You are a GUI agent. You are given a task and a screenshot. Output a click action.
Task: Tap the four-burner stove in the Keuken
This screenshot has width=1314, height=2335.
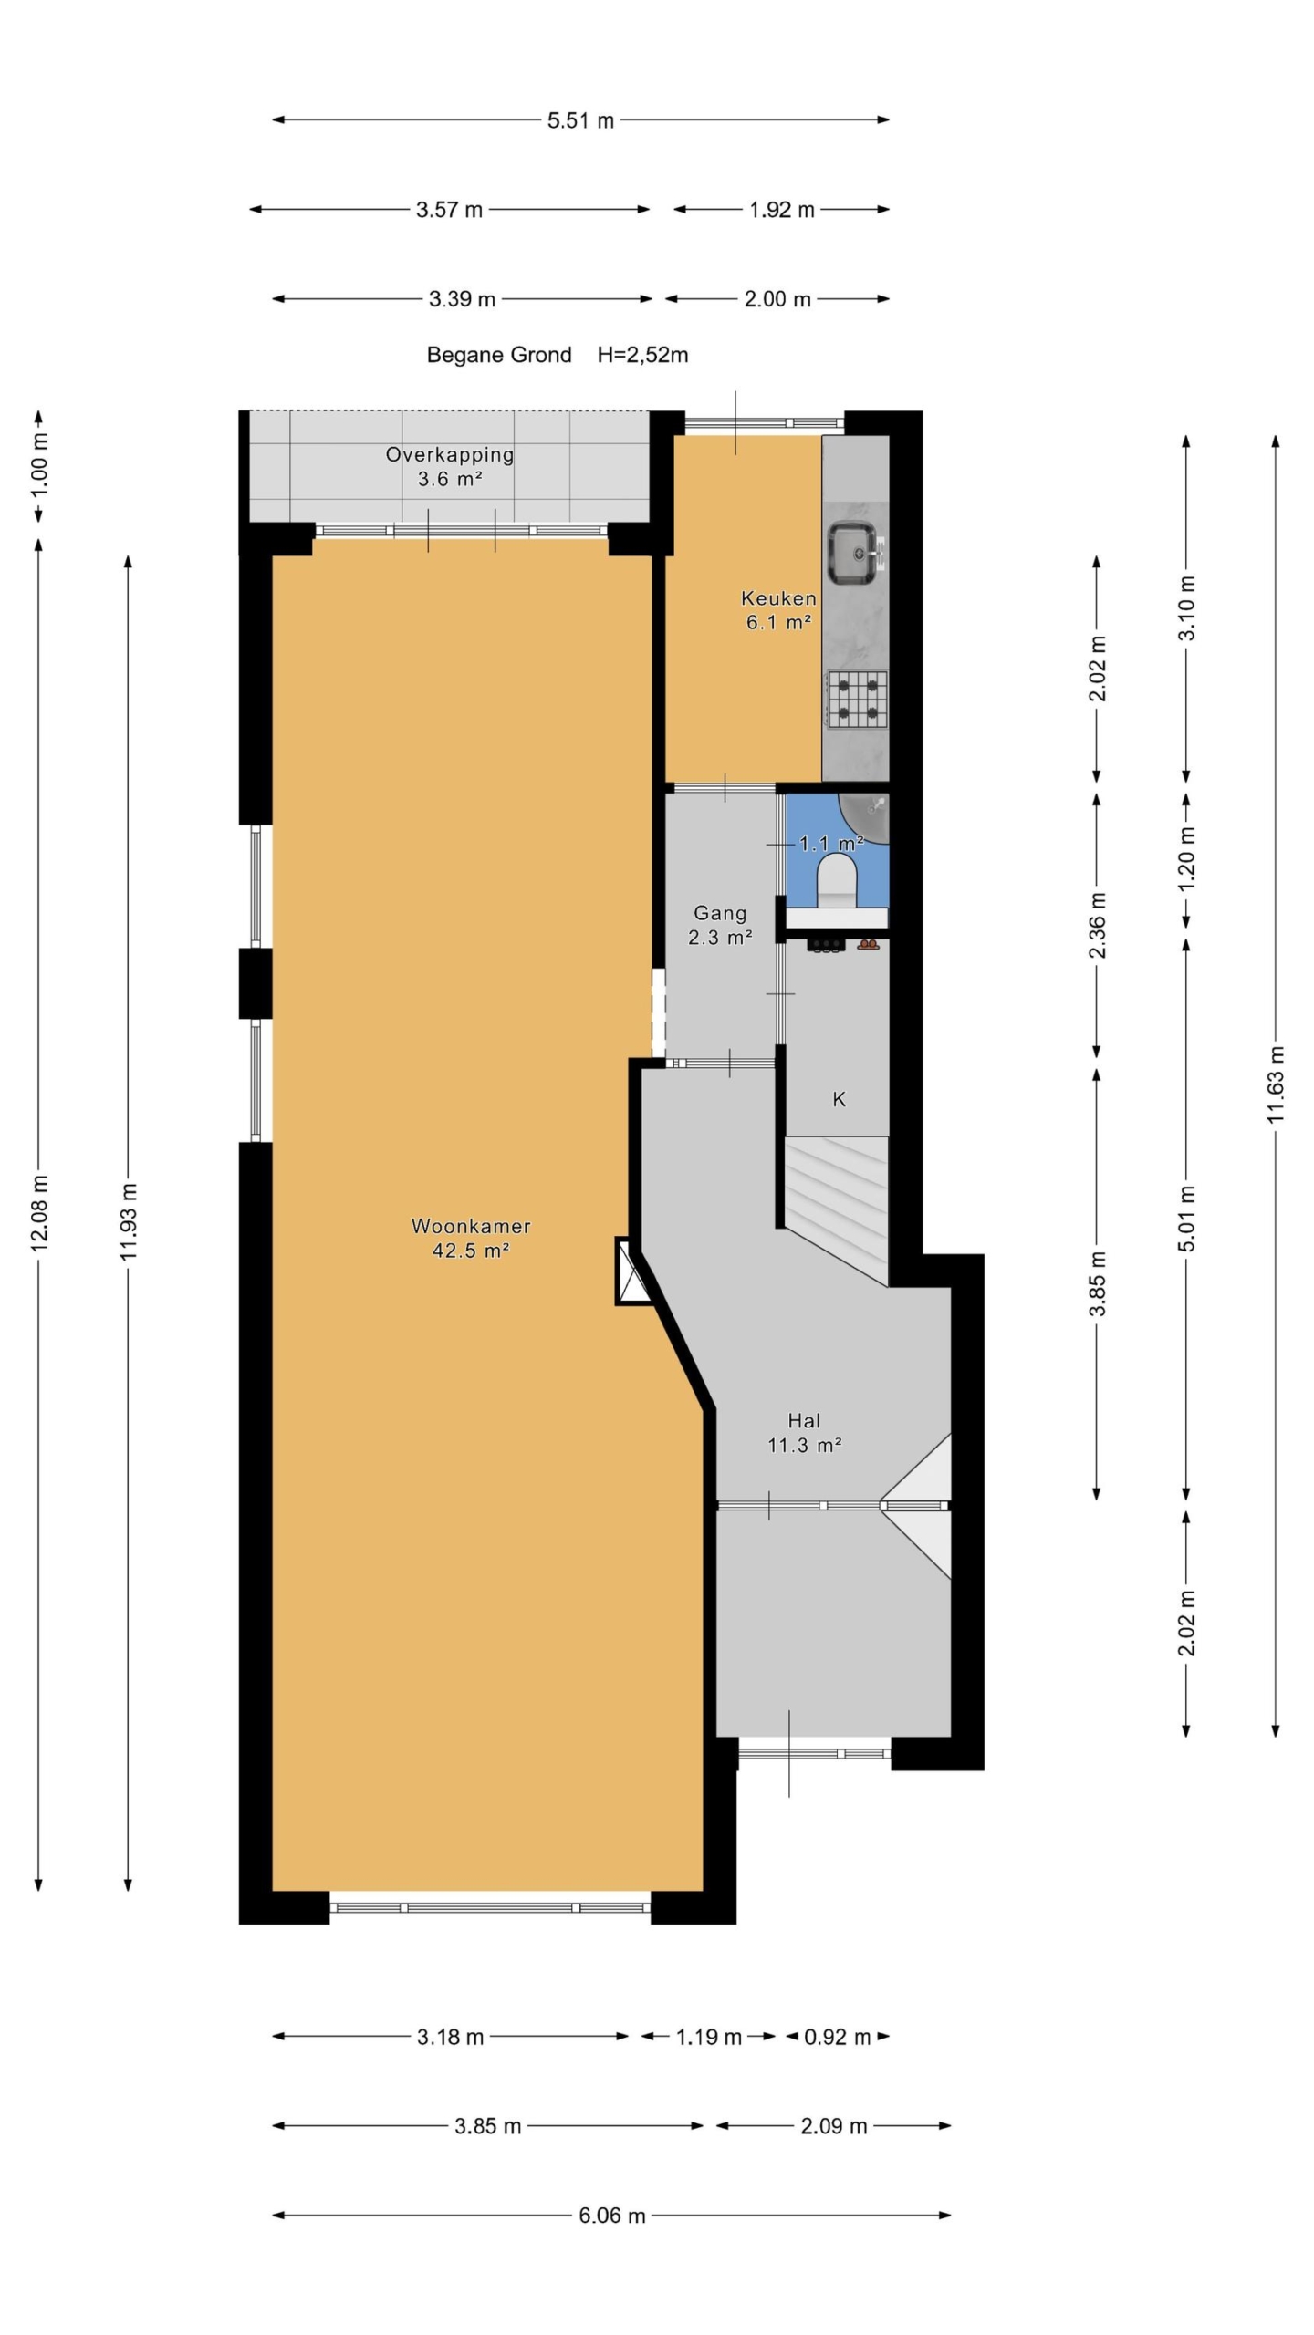click(x=857, y=698)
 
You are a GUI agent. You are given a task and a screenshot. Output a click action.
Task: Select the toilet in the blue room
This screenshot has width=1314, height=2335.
click(x=837, y=880)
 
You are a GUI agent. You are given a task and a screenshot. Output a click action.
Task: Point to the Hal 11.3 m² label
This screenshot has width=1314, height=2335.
click(x=804, y=1432)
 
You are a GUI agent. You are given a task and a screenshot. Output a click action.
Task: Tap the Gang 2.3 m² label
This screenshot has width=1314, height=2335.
click(x=720, y=924)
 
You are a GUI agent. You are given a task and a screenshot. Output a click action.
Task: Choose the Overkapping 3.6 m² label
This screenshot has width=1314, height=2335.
click(x=449, y=466)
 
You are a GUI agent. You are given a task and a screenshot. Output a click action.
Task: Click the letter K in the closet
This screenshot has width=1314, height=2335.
click(x=839, y=1099)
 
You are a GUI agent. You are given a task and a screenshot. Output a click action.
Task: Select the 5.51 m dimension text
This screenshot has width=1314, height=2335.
click(x=580, y=120)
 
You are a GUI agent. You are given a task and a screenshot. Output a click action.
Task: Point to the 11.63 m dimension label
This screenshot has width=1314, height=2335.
click(x=1276, y=1084)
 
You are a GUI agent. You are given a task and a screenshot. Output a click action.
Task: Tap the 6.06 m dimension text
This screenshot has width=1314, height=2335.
click(x=611, y=2215)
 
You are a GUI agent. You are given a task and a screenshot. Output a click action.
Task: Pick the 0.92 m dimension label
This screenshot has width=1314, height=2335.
click(x=837, y=2037)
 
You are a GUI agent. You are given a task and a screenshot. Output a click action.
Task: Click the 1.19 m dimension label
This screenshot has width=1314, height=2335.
click(x=708, y=2037)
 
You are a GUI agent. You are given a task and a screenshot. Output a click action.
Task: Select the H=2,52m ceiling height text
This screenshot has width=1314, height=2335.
click(x=642, y=355)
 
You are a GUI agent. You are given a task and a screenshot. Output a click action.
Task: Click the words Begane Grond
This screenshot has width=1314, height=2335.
click(x=499, y=355)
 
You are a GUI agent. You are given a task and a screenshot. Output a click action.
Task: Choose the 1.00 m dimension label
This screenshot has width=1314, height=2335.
click(x=39, y=466)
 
